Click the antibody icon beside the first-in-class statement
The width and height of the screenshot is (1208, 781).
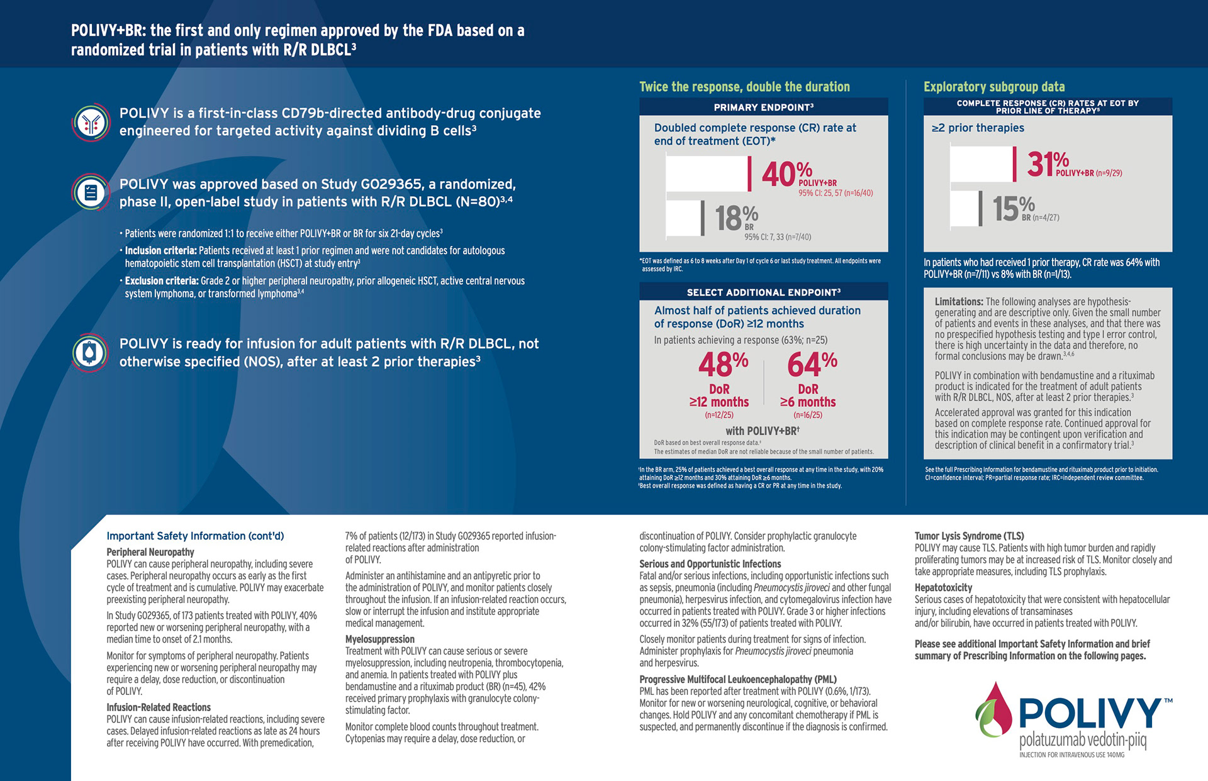coord(91,123)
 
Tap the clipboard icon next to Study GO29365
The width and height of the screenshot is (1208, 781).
coord(91,192)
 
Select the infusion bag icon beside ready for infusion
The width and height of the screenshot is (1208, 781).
coord(91,353)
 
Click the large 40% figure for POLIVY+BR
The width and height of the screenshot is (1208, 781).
coord(786,174)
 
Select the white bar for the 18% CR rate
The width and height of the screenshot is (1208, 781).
coord(685,218)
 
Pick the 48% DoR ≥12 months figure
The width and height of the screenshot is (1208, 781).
coord(723,364)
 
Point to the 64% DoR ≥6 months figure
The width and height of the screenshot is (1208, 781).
coord(812,364)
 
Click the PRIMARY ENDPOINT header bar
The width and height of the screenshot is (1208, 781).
coord(763,107)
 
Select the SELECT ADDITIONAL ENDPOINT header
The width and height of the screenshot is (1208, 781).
coord(763,292)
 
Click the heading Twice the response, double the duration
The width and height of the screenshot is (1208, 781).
coord(744,87)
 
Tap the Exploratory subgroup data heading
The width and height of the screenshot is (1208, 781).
coord(994,87)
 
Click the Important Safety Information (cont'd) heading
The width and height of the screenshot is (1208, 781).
coord(195,536)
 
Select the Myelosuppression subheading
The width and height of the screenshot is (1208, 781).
coord(379,639)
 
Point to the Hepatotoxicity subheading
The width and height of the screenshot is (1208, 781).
coord(943,587)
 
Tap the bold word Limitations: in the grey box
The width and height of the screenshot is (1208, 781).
coord(958,302)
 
